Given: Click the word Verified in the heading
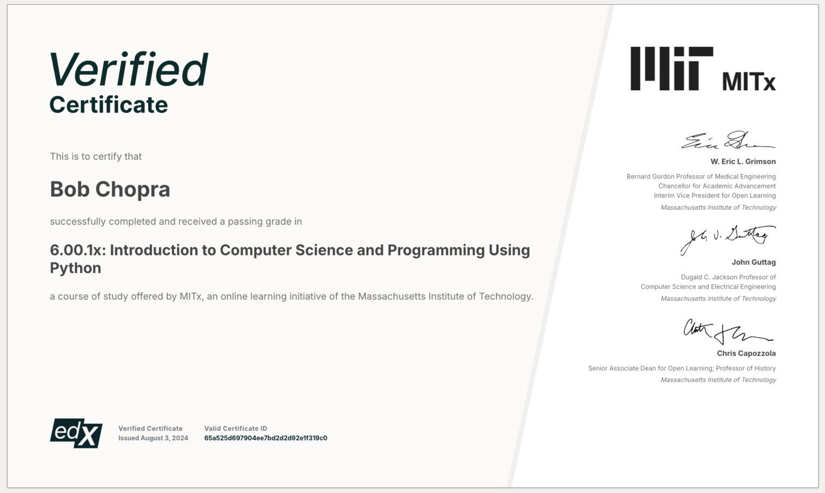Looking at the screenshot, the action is click(x=129, y=69).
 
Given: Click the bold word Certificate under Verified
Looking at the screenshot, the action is click(x=108, y=105).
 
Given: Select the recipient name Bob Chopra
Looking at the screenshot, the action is click(x=110, y=190).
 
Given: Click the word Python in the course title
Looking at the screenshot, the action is click(x=76, y=269).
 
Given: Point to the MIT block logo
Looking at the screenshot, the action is click(x=672, y=69).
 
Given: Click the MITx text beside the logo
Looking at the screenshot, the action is click(x=749, y=82).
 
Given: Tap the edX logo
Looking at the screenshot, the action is click(x=76, y=433).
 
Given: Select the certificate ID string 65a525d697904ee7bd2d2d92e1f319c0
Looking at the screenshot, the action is click(x=265, y=438).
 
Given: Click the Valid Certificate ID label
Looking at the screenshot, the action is click(x=236, y=429).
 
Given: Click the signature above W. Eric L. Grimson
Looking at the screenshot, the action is click(x=728, y=140).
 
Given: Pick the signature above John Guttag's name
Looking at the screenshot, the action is click(x=728, y=240).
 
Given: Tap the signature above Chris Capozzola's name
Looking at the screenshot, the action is click(x=728, y=332).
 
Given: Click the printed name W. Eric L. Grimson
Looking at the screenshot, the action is click(x=743, y=162).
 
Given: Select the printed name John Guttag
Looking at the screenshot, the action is click(x=754, y=262).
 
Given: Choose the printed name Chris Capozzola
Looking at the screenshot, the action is click(x=746, y=353).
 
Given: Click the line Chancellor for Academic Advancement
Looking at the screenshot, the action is click(x=717, y=186).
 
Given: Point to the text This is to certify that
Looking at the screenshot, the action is click(x=96, y=156).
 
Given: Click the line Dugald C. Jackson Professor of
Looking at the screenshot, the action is click(x=728, y=277).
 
